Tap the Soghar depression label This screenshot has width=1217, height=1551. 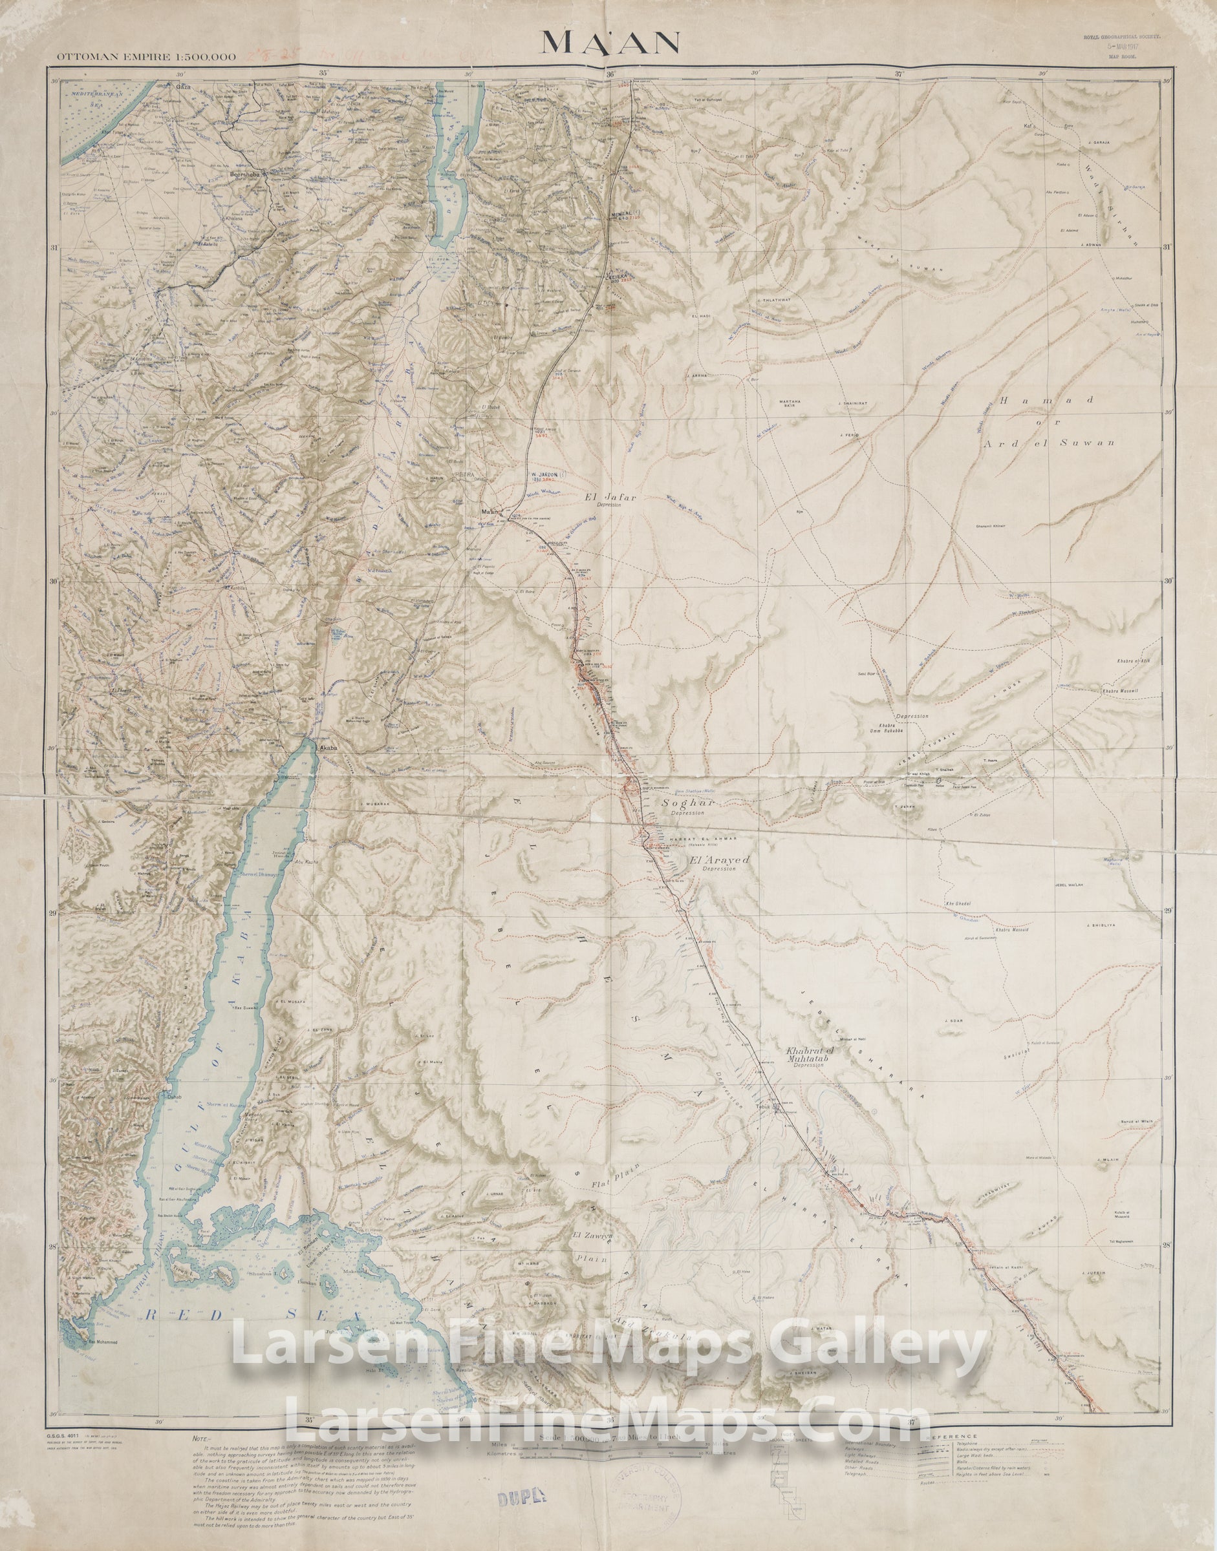[x=682, y=803]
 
